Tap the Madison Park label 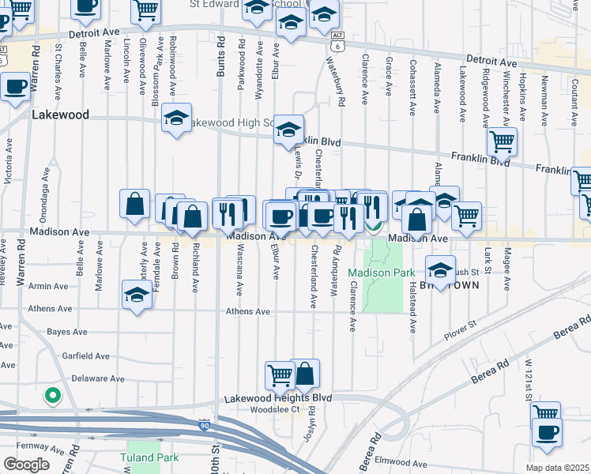coord(382,273)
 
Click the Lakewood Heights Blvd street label coord(277,398)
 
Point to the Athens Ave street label coord(248,311)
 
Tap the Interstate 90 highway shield coord(205,426)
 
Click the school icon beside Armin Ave coord(137,295)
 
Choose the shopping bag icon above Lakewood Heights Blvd coord(305,374)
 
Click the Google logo coord(26,464)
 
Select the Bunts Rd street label coord(220,55)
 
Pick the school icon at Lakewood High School coord(176,119)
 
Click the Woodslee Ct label coord(274,408)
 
